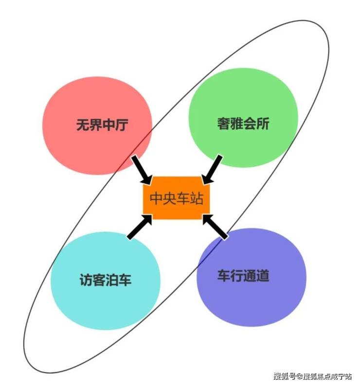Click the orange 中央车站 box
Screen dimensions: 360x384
[x=176, y=198]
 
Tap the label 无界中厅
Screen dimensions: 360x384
[x=102, y=124]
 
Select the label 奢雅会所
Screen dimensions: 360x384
[x=243, y=123]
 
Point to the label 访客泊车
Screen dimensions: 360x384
[x=106, y=279]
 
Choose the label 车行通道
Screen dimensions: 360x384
[x=243, y=276]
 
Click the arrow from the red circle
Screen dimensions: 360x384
[x=142, y=170]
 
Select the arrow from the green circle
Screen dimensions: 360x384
[x=212, y=170]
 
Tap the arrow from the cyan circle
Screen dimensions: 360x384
[x=140, y=227]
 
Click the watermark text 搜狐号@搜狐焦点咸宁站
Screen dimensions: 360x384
[x=313, y=376]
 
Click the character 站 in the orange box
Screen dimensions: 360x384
[x=197, y=198]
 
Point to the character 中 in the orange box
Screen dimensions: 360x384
[x=156, y=198]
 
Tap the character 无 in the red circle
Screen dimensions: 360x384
[x=83, y=124]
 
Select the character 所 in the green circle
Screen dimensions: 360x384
[x=263, y=123]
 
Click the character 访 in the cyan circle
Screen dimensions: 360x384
[x=86, y=279]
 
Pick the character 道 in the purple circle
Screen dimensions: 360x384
[x=263, y=276]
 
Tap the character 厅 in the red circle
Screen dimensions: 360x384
[x=122, y=124]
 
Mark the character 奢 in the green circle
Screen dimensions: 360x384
[x=223, y=123]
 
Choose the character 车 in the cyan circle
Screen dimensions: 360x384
[x=125, y=279]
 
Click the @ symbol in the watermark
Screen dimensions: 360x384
[x=299, y=376]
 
